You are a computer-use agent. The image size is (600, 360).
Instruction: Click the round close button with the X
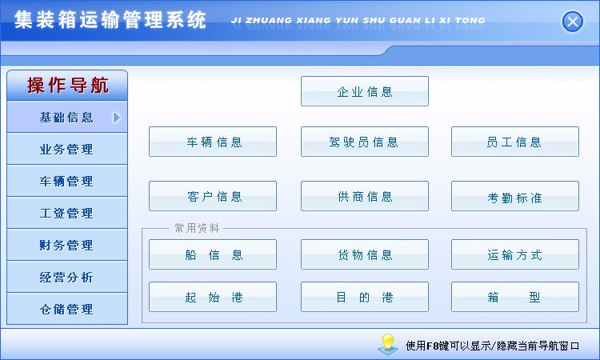pyautogui.click(x=573, y=22)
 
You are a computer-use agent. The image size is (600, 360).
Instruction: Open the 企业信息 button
pyautogui.click(x=365, y=91)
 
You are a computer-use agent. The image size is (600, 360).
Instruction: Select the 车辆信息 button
pyautogui.click(x=213, y=142)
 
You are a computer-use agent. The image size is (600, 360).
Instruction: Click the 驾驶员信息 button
pyautogui.click(x=365, y=142)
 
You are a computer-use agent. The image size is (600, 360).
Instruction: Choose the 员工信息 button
pyautogui.click(x=515, y=142)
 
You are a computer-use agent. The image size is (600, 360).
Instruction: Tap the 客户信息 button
pyautogui.click(x=213, y=196)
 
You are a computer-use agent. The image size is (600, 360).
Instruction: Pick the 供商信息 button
pyautogui.click(x=365, y=196)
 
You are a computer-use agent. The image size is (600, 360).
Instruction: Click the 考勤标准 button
pyautogui.click(x=515, y=196)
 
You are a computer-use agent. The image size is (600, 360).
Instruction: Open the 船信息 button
pyautogui.click(x=213, y=254)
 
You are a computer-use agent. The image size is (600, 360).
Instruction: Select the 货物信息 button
pyautogui.click(x=365, y=254)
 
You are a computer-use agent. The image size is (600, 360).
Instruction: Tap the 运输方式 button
pyautogui.click(x=515, y=254)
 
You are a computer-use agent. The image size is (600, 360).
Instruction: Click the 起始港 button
pyautogui.click(x=213, y=297)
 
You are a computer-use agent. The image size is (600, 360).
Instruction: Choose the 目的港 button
pyautogui.click(x=365, y=297)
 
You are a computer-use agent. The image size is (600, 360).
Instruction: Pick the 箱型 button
pyautogui.click(x=515, y=297)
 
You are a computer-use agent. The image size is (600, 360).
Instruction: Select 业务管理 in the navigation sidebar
pyautogui.click(x=67, y=149)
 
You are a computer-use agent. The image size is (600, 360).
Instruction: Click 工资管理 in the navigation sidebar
pyautogui.click(x=67, y=213)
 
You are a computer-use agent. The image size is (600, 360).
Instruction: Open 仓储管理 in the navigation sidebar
pyautogui.click(x=67, y=309)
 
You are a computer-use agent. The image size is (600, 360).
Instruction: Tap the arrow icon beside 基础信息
pyautogui.click(x=117, y=118)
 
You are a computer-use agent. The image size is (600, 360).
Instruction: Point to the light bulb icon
pyautogui.click(x=388, y=343)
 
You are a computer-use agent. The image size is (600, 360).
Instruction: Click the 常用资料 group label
pyautogui.click(x=197, y=228)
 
